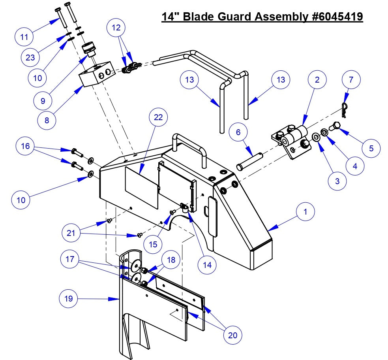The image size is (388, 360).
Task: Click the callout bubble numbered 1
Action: tap(305, 211)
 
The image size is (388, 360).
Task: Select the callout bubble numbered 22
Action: tap(158, 117)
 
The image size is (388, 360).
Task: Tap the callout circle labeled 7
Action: tap(351, 79)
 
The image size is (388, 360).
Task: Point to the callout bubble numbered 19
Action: tap(69, 298)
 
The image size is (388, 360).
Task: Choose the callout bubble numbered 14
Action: tap(207, 265)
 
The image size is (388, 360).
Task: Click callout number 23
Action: tap(30, 58)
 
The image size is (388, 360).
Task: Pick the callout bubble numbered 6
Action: tap(238, 132)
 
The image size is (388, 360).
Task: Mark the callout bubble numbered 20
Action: tap(233, 335)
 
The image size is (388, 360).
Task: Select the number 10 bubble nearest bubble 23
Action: tap(37, 77)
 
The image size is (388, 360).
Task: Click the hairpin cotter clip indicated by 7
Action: tap(345, 110)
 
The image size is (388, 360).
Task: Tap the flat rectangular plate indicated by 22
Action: tap(142, 186)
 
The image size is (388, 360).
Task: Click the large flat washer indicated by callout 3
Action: tap(316, 137)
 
